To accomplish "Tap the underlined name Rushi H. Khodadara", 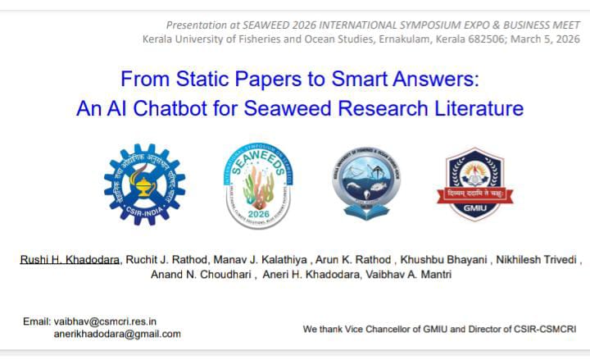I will pyautogui.click(x=70, y=260).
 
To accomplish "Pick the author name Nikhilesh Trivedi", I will pyautogui.click(x=537, y=260).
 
